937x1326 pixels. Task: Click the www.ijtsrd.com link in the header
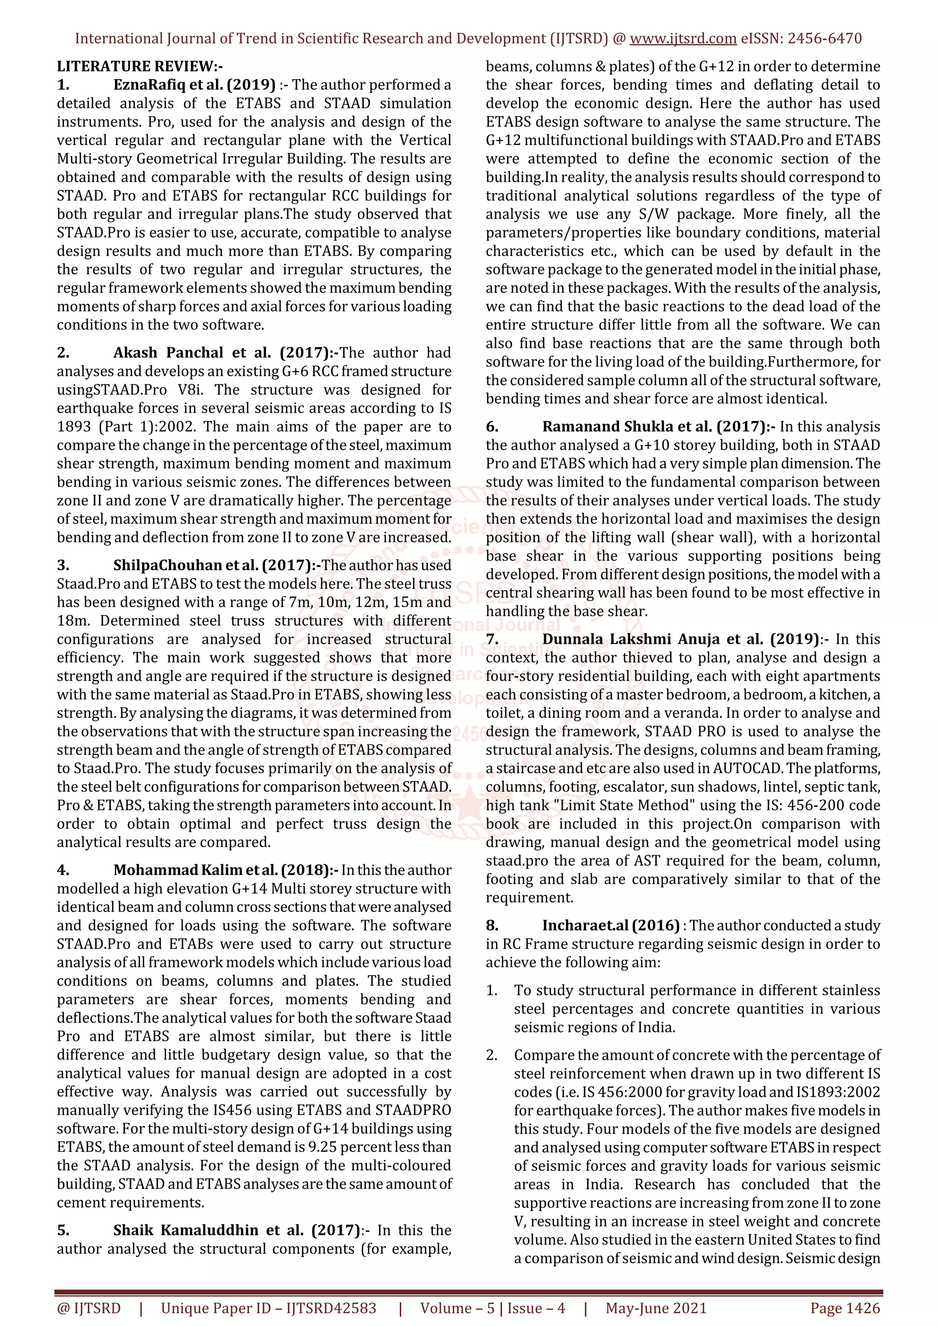683,39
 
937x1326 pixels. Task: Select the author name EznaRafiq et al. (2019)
194,85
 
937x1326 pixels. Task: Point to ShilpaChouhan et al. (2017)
217,566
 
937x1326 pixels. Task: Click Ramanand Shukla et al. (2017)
659,427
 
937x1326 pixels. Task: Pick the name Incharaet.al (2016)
610,926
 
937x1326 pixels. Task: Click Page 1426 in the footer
845,1308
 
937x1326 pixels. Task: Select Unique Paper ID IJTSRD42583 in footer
269,1308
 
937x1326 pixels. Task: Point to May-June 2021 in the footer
656,1308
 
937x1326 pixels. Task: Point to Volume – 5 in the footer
457,1308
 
